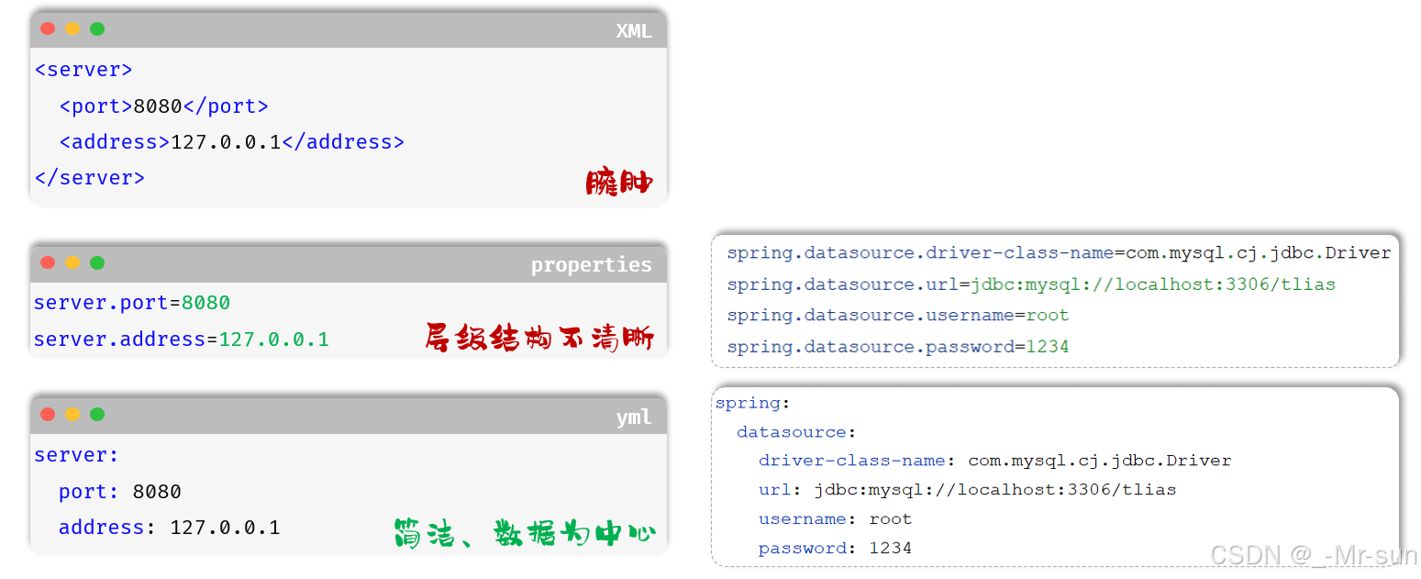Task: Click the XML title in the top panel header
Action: click(x=633, y=30)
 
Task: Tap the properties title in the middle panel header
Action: click(x=591, y=265)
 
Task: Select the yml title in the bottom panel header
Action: click(x=633, y=417)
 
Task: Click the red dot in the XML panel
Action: click(x=48, y=28)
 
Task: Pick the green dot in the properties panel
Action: click(x=97, y=262)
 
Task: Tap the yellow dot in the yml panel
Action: click(x=72, y=414)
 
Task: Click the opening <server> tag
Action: click(x=83, y=70)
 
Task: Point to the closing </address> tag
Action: click(x=342, y=142)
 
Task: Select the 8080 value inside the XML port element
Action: click(x=158, y=106)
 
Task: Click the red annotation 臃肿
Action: click(x=619, y=182)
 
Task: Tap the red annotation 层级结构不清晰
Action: click(x=539, y=338)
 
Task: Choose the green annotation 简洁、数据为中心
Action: click(x=524, y=532)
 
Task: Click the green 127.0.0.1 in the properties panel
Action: click(x=273, y=340)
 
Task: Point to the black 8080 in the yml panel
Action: click(x=157, y=492)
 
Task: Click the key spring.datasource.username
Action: click(x=870, y=316)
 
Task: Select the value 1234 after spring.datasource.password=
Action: click(x=1047, y=347)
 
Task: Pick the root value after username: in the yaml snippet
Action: click(x=890, y=518)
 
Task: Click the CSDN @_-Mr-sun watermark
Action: click(x=1314, y=554)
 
